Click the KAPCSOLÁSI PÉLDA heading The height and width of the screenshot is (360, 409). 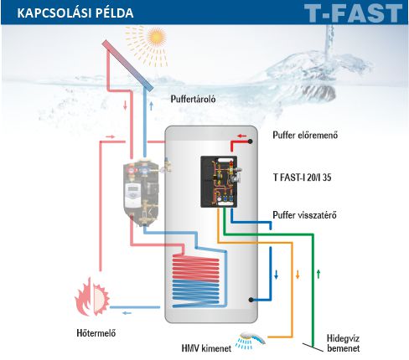[75, 13]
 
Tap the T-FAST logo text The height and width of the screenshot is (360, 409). [353, 13]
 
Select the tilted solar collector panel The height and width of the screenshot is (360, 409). [127, 65]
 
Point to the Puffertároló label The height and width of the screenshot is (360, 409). [193, 99]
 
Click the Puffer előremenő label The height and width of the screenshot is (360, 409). [305, 135]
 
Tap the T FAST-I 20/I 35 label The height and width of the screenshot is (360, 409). [302, 177]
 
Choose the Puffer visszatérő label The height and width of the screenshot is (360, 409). [304, 215]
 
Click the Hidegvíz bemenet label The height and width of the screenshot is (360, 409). [343, 343]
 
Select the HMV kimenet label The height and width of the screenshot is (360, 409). [206, 348]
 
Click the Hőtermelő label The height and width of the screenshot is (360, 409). [96, 332]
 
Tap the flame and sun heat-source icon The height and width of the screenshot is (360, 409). [92, 296]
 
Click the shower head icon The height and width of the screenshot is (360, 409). [250, 340]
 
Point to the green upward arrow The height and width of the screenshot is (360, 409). [318, 275]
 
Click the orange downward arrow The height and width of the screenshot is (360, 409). [298, 275]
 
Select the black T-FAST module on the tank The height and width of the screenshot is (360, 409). [220, 182]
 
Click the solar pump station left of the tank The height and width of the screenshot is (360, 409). [142, 193]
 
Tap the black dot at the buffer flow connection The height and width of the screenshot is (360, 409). [251, 141]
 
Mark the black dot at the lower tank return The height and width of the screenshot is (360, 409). [251, 300]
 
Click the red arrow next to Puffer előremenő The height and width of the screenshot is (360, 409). [241, 136]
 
